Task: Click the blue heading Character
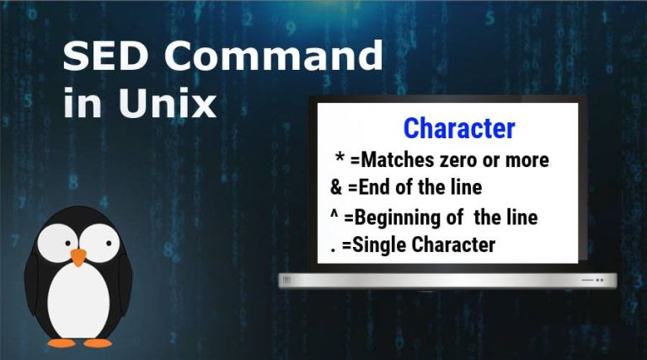point(458,128)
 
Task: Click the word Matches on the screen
point(395,159)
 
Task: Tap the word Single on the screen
point(377,245)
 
